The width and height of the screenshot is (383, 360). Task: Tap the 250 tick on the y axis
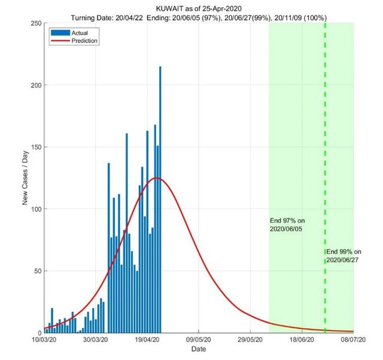(x=35, y=23)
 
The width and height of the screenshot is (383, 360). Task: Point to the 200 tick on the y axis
(x=35, y=85)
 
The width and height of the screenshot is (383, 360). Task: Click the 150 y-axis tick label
(x=35, y=147)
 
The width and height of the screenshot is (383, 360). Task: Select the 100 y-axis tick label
(x=35, y=209)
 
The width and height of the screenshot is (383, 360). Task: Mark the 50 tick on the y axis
(x=37, y=271)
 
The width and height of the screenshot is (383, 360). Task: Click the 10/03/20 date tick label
(x=44, y=340)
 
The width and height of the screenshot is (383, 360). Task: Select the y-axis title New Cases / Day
(x=26, y=178)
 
